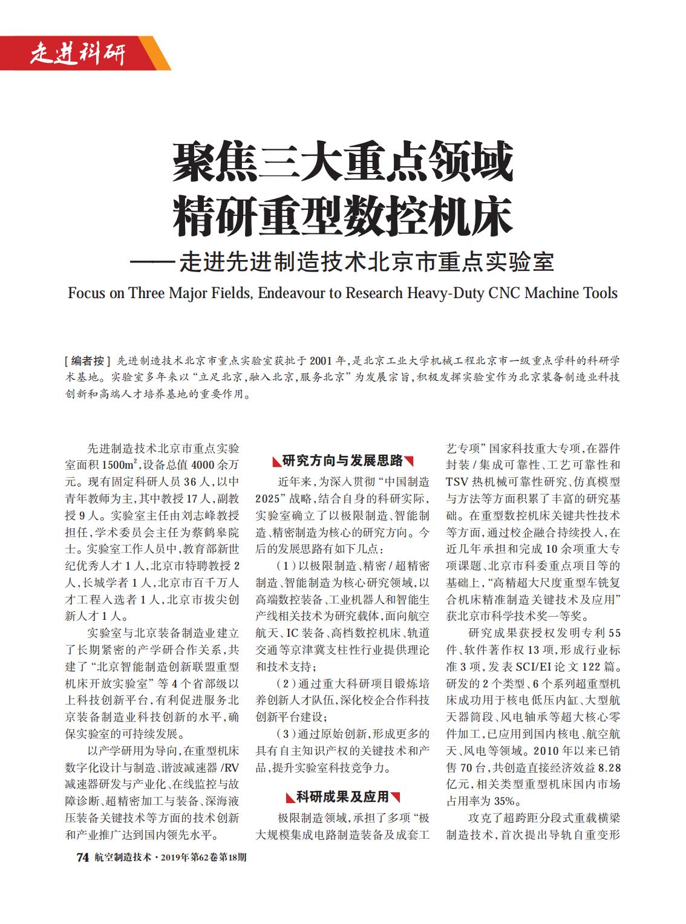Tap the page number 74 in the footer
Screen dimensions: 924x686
pos(82,857)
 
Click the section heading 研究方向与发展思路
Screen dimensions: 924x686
pos(342,461)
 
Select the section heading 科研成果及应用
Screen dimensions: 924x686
pos(342,797)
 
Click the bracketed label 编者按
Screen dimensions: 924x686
pos(88,361)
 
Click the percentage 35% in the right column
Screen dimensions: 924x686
pos(507,801)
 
